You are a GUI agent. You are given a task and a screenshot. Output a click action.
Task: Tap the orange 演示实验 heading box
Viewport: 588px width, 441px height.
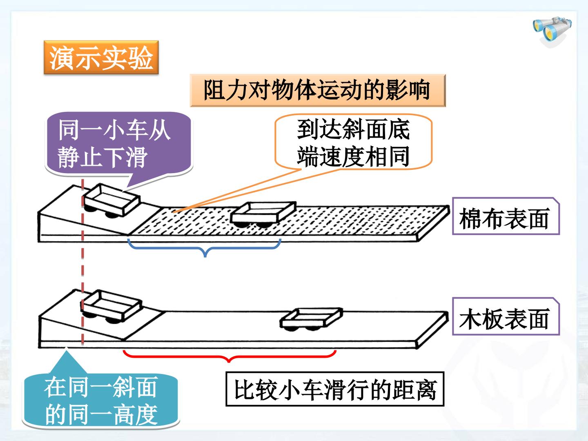point(101,57)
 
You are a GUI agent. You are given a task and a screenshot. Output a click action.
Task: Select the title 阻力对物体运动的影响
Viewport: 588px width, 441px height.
point(317,91)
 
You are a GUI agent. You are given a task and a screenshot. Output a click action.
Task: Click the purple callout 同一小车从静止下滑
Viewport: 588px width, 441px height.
point(118,145)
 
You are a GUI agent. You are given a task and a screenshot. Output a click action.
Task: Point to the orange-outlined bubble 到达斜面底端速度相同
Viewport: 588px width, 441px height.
point(354,142)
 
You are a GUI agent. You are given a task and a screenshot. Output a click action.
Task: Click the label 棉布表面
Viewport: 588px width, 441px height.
point(506,216)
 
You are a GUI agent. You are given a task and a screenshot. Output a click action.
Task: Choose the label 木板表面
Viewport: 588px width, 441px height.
point(506,316)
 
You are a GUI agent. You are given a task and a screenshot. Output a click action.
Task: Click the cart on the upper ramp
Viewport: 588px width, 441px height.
point(111,200)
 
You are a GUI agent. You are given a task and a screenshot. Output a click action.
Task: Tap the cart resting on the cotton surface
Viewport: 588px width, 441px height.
point(263,214)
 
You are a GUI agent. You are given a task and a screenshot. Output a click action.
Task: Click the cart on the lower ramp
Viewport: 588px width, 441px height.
point(111,306)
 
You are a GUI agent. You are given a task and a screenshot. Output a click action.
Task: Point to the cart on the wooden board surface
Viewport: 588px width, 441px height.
point(311,319)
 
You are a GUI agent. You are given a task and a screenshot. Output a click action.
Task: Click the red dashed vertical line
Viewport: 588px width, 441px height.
point(82,263)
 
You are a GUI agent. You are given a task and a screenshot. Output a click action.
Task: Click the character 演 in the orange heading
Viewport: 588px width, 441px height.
point(62,58)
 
